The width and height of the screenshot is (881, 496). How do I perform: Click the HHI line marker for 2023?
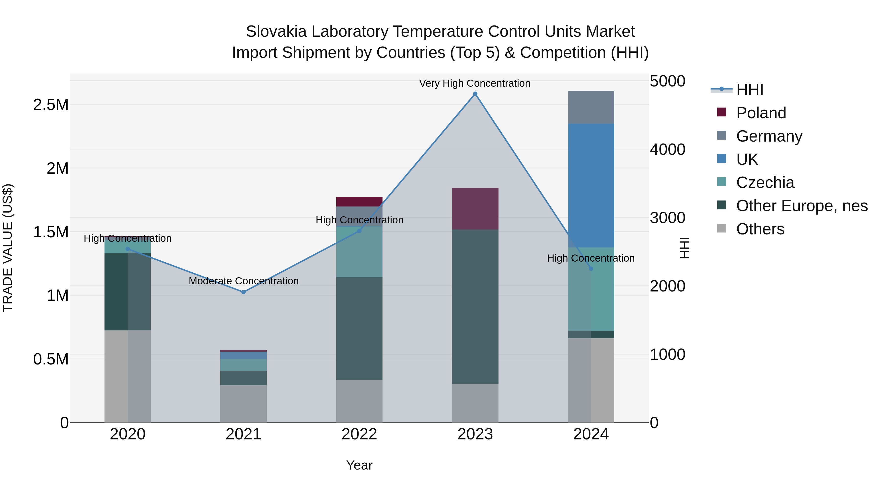(475, 94)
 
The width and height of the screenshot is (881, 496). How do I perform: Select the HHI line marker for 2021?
(243, 292)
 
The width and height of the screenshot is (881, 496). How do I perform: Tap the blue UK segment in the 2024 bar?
(591, 185)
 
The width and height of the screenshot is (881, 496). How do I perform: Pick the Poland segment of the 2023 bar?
(475, 208)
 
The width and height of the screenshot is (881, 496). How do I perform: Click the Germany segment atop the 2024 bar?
(591, 107)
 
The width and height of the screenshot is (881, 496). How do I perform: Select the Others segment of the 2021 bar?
(243, 404)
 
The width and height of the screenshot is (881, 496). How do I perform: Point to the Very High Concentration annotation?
(475, 83)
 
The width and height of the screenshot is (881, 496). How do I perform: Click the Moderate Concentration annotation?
(243, 281)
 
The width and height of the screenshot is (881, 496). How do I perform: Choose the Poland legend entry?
(761, 113)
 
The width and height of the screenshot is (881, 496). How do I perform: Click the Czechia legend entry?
(765, 182)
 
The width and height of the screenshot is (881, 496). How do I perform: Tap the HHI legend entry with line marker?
(749, 90)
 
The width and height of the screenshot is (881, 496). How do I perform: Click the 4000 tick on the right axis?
(667, 150)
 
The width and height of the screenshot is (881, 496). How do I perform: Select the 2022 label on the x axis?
(359, 434)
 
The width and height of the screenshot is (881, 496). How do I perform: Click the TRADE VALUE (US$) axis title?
(8, 248)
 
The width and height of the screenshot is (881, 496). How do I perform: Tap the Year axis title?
(359, 465)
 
